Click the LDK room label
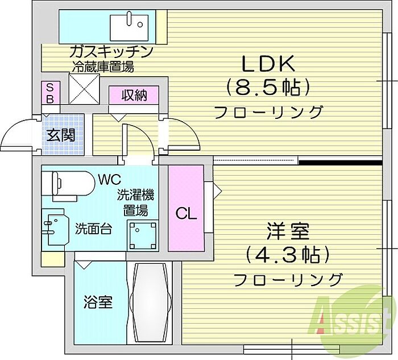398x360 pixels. [x=268, y=64]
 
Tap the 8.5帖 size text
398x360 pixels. [x=268, y=88]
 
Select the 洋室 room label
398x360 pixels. [x=288, y=231]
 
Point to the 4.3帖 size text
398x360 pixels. [x=288, y=255]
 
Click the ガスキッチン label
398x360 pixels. [x=111, y=52]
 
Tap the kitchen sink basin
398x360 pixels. [x=129, y=27]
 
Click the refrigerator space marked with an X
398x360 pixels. [x=84, y=89]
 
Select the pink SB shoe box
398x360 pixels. [x=51, y=92]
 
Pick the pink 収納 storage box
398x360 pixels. [x=134, y=95]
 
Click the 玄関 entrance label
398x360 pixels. [x=61, y=135]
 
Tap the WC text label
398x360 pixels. [x=110, y=180]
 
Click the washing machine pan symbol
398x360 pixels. [x=142, y=236]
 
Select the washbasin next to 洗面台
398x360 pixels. [x=55, y=227]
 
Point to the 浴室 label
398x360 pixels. [x=98, y=302]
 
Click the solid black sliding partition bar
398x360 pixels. [x=341, y=162]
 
